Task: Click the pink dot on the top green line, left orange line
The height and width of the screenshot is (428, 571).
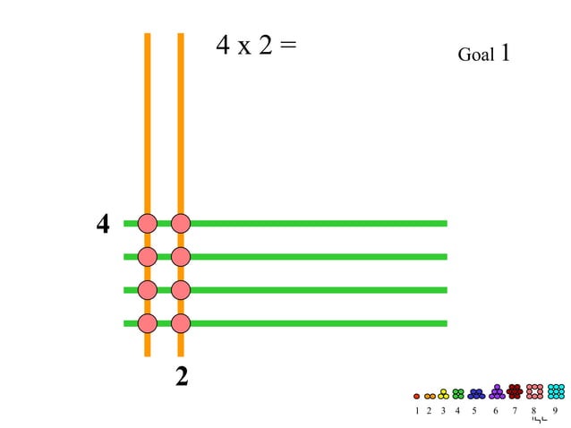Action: (x=148, y=223)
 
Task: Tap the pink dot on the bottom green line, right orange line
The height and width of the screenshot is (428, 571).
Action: (x=181, y=323)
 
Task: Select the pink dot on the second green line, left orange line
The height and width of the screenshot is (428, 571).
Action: (x=148, y=257)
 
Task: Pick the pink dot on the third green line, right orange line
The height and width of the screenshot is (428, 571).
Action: (x=181, y=290)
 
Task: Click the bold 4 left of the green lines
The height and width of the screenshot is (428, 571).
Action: (x=103, y=224)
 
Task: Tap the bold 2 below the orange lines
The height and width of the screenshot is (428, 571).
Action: (x=182, y=377)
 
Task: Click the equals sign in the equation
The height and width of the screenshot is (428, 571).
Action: (x=287, y=45)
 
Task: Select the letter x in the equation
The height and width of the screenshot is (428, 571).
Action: (x=243, y=47)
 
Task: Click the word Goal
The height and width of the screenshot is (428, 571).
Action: (x=475, y=56)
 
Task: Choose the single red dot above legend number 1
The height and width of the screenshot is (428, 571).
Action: (x=416, y=396)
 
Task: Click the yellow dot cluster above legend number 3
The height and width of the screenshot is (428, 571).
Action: (x=443, y=394)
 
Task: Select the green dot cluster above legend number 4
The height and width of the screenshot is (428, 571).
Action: (x=458, y=393)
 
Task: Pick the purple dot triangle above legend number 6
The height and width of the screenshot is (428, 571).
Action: (x=497, y=392)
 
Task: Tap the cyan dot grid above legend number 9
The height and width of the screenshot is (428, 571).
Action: (x=556, y=391)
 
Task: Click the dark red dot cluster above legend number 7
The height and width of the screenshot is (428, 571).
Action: (x=515, y=391)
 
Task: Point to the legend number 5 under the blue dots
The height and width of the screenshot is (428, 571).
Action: (x=473, y=411)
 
